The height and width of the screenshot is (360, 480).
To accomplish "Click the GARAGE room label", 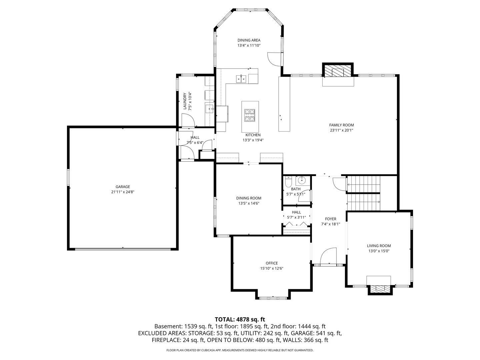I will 123,187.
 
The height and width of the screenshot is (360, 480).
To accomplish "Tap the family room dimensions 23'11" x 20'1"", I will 341,130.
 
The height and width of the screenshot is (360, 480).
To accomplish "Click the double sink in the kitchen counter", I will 241,79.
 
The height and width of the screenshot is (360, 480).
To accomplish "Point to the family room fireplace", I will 338,71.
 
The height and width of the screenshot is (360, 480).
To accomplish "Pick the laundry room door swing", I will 188,120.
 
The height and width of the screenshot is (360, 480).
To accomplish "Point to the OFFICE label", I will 272,263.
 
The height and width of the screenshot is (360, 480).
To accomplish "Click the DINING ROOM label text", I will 249,198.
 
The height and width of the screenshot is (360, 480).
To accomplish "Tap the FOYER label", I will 331,219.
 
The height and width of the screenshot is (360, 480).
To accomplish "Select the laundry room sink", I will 209,108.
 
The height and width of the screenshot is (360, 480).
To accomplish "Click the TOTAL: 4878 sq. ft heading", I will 240,319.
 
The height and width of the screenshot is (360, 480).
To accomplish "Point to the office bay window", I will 273,297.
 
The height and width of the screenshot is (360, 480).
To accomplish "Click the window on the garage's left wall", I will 68,177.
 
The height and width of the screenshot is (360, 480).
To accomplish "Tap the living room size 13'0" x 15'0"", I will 379,251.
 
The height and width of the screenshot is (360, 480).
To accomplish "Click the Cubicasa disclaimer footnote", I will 240,350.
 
